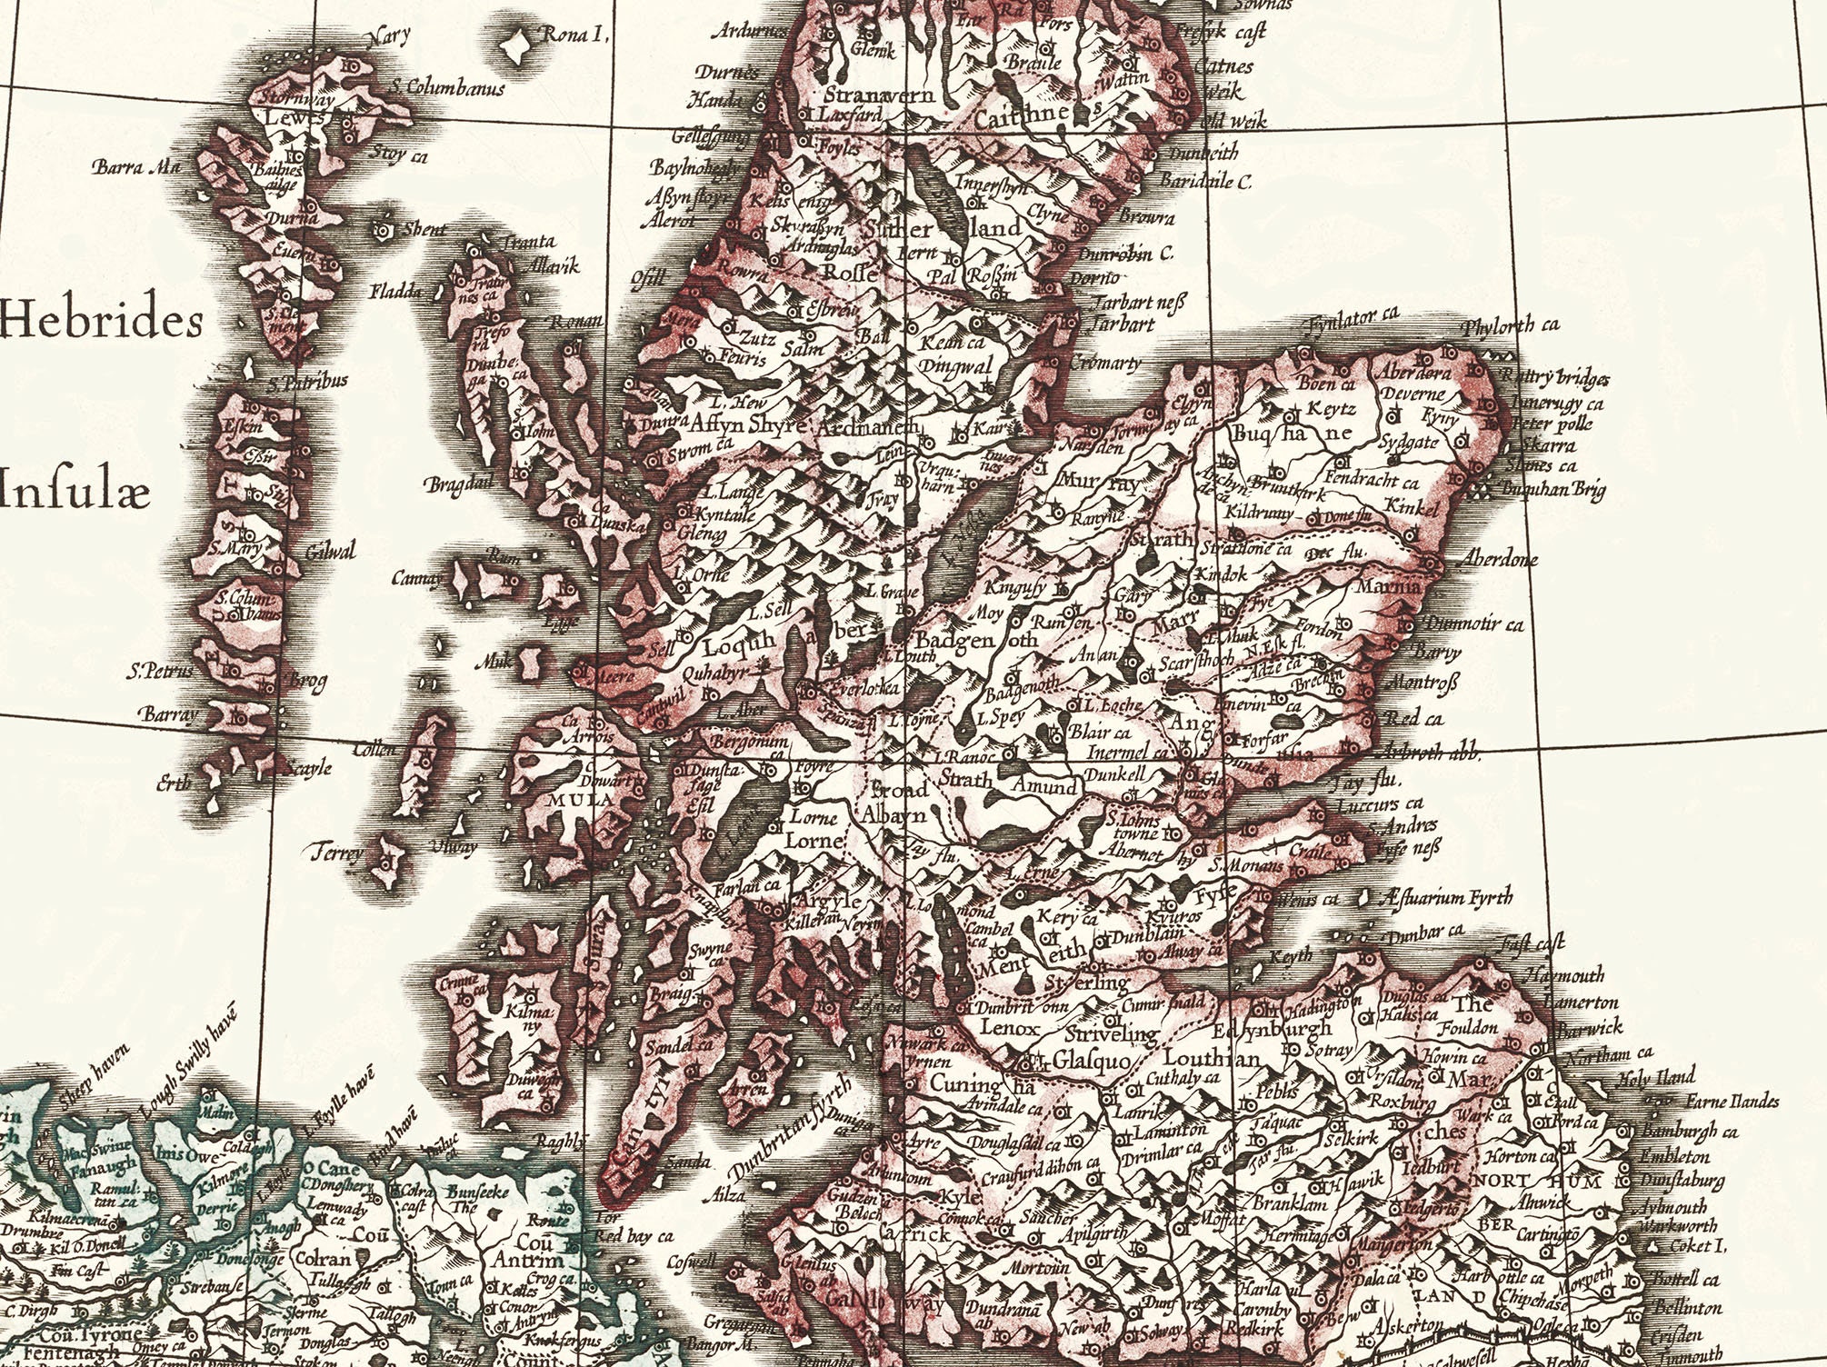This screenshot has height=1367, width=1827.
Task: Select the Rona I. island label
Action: [x=573, y=36]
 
